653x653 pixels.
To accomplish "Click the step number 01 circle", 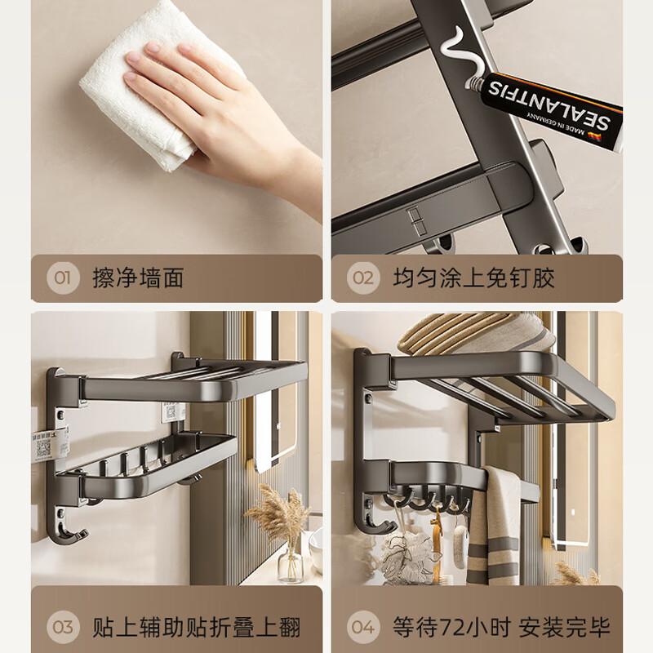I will point(63,278).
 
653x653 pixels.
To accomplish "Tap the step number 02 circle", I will point(363,278).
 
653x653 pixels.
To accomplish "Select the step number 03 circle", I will point(63,627).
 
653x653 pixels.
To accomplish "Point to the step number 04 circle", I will point(363,627).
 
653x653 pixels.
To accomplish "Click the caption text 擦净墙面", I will point(138,278).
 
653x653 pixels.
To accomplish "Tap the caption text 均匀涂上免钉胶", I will point(473,278).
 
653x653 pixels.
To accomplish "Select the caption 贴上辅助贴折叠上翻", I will point(196,627).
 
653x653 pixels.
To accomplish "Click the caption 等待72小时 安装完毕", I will point(500,627).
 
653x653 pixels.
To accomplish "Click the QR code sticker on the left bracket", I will point(42,444).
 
